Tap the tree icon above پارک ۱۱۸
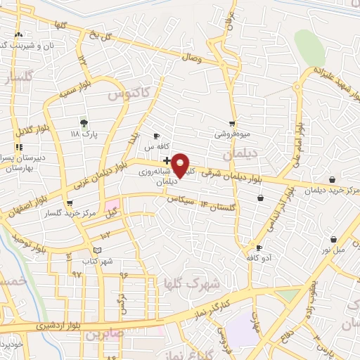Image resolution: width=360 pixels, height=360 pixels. [x=85, y=122]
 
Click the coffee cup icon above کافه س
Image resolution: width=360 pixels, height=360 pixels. [x=156, y=136]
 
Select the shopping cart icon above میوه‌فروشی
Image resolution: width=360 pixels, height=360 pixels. [x=232, y=123]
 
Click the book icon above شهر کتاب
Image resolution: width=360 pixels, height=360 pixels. [x=97, y=250]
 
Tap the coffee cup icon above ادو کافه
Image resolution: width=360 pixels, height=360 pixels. [x=259, y=247]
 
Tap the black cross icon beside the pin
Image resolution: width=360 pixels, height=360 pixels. [x=165, y=160]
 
